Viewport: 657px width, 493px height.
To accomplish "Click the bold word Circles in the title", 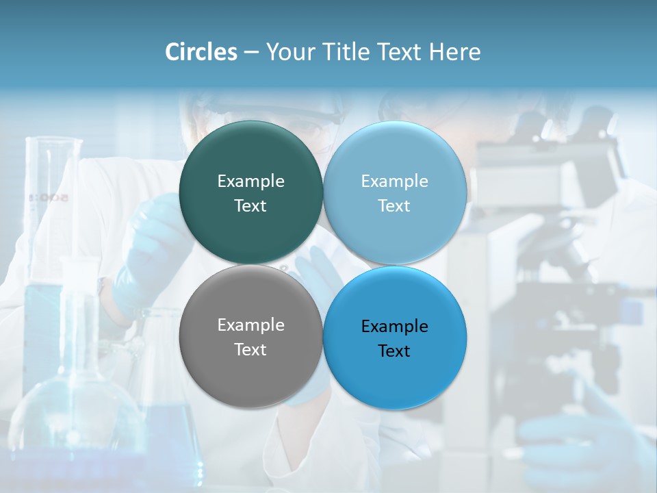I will click(x=201, y=52).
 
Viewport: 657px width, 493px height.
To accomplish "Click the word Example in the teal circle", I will click(x=250, y=181).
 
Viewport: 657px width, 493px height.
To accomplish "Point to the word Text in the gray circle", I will click(x=250, y=350).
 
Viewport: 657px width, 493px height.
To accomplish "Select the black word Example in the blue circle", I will click(x=394, y=327).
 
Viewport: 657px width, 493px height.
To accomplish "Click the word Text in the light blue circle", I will click(x=394, y=206).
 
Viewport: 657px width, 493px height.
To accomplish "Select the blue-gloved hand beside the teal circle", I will click(x=147, y=253).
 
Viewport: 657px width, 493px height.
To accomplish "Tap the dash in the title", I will click(x=251, y=52).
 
